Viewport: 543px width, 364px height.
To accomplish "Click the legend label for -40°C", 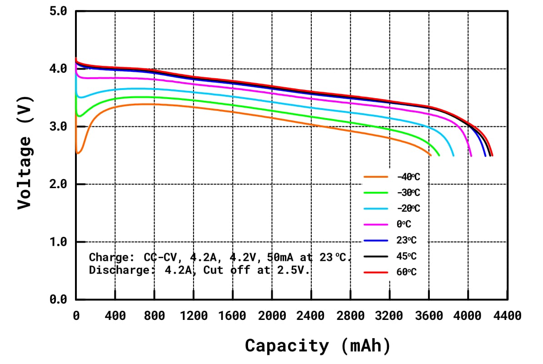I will tap(408, 177).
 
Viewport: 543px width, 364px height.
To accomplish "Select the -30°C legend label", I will tap(408, 193).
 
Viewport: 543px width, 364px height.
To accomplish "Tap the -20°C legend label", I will tap(408, 208).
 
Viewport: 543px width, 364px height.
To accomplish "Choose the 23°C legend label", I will tap(406, 240).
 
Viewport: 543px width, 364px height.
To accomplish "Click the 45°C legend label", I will tap(406, 256).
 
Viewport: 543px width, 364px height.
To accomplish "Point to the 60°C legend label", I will tap(406, 272).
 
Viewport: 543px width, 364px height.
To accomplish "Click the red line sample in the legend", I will tap(376, 272).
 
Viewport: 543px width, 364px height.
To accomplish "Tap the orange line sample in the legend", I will tap(376, 177).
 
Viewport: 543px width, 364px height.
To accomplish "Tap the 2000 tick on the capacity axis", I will tap(272, 315).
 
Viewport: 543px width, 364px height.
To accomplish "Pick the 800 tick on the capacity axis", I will tap(154, 315).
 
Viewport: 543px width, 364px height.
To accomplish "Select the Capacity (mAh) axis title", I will tap(318, 346).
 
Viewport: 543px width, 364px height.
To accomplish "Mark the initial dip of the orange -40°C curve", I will tap(79, 153).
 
